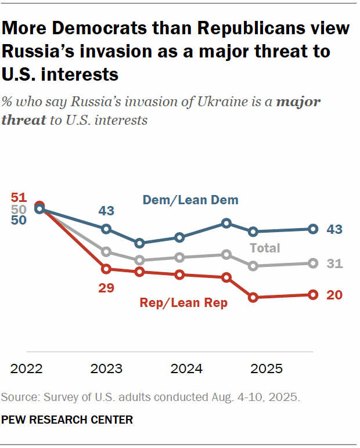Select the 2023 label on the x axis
tap(106, 369)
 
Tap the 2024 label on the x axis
tap(187, 369)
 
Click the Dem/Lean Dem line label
tap(191, 200)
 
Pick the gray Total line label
tap(265, 248)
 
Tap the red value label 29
tap(107, 288)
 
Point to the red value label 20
tap(334, 295)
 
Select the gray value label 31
tap(334, 264)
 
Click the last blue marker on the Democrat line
tap(313, 229)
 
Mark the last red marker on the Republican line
tap(313, 295)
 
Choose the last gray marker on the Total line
tap(313, 263)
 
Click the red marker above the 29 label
tap(106, 269)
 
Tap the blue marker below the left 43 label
tap(106, 229)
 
